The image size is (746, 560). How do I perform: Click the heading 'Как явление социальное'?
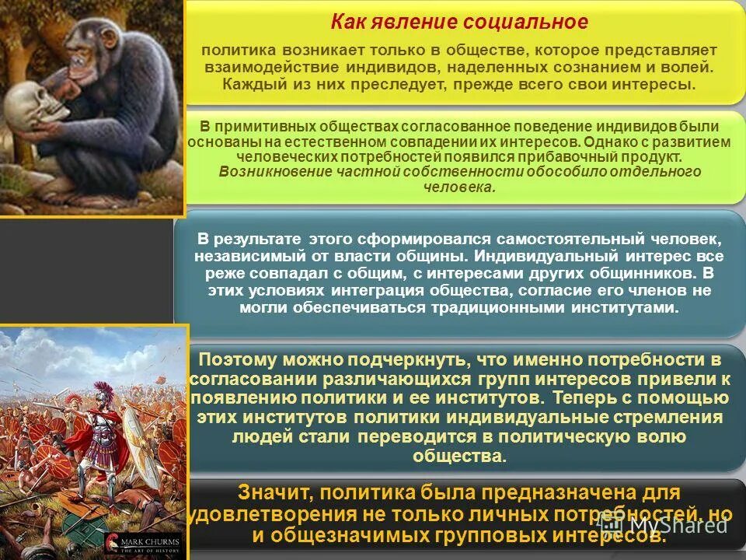(459, 22)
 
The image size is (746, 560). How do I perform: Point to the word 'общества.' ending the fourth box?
(459, 457)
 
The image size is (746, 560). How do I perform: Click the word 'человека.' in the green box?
(459, 187)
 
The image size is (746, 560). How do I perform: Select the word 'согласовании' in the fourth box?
(252, 380)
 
